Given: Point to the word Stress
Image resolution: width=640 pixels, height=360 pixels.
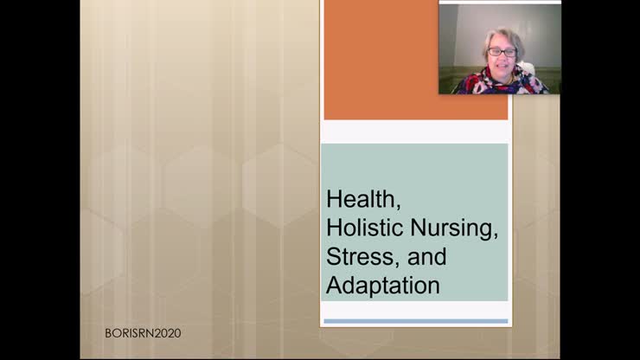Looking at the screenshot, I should (x=353, y=257).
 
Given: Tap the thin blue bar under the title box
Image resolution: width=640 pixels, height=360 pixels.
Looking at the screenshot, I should (x=415, y=321).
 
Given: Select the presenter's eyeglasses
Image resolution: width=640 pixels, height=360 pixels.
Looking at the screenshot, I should (x=502, y=53).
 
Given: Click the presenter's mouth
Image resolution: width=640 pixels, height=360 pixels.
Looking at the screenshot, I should (x=502, y=67).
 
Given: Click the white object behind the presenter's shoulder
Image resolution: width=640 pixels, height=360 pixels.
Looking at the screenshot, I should (x=527, y=68).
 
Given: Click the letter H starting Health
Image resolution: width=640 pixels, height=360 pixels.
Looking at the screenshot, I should (x=334, y=200).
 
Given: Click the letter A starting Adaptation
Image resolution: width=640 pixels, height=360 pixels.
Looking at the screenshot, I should (x=334, y=285).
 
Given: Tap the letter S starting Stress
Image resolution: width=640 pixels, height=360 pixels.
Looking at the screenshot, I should (x=333, y=257).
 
